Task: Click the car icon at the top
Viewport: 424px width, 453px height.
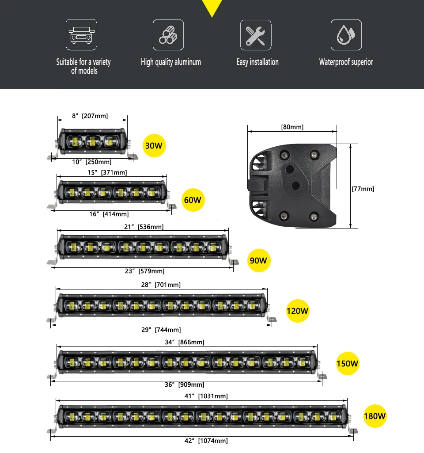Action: [x=82, y=34]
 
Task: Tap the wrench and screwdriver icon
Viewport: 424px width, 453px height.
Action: [x=256, y=35]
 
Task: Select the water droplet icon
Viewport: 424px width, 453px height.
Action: [x=346, y=35]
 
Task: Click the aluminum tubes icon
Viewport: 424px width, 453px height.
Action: [x=168, y=35]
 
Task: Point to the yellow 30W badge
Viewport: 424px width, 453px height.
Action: [x=154, y=145]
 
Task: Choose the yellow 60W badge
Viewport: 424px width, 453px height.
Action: [x=193, y=200]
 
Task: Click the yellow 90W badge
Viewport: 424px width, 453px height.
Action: [x=258, y=260]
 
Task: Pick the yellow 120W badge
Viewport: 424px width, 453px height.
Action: [x=297, y=311]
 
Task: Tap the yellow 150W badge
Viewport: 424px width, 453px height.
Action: [x=348, y=364]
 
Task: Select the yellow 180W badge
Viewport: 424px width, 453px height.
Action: [x=375, y=416]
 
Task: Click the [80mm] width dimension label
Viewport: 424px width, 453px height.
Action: [x=292, y=127]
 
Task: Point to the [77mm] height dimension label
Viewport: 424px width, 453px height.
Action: [x=363, y=189]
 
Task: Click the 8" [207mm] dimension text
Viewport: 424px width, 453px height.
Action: [x=90, y=116]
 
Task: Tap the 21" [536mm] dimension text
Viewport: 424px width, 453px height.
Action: [x=144, y=227]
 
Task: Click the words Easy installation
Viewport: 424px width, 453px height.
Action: [x=257, y=62]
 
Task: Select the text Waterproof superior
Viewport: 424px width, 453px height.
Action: [x=346, y=62]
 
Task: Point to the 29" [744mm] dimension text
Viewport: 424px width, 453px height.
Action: [x=161, y=330]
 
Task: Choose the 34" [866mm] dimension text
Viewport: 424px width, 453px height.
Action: [x=185, y=342]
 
